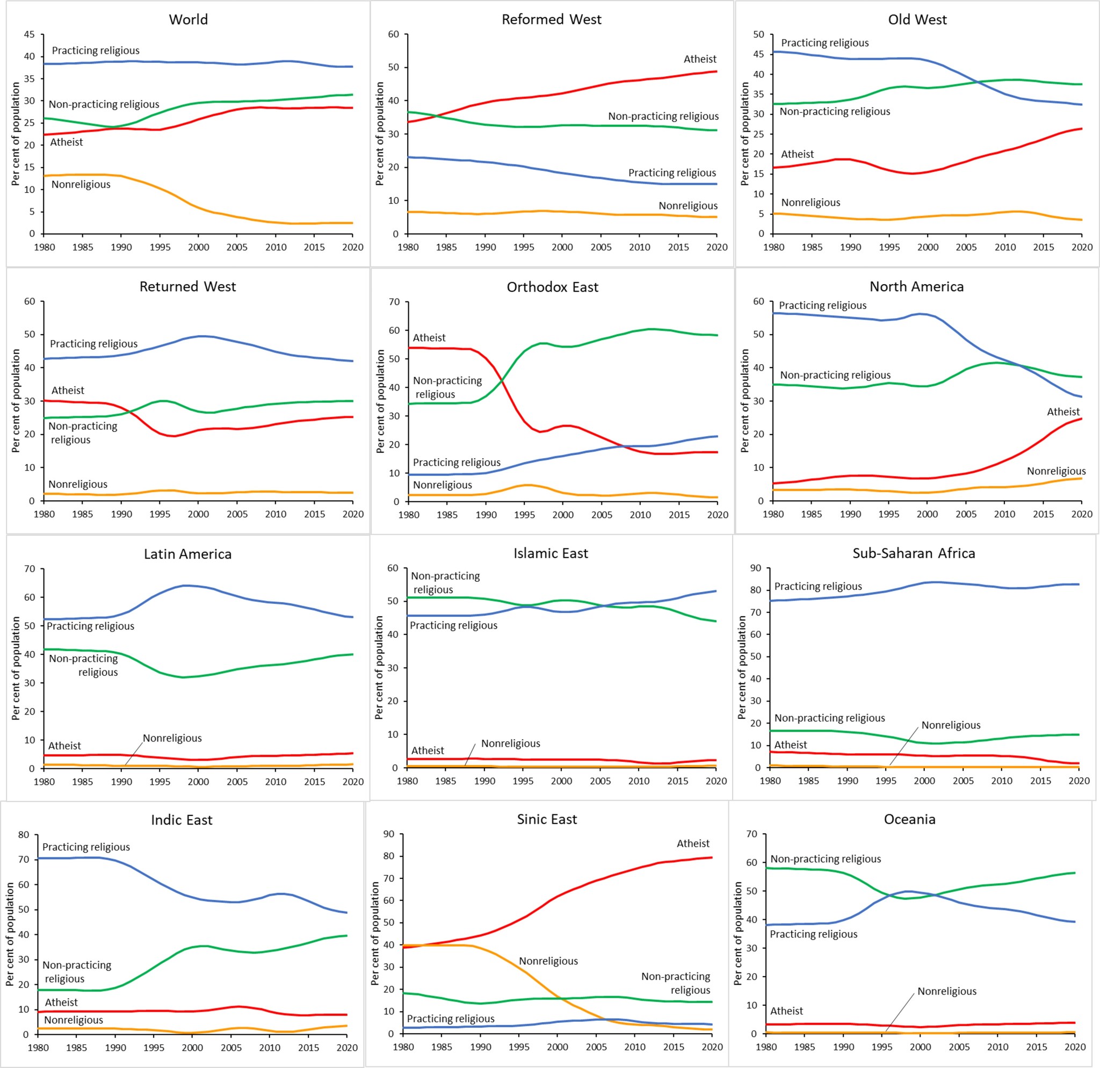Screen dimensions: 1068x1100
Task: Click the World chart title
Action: pos(188,20)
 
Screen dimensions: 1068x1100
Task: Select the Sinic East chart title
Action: pos(547,819)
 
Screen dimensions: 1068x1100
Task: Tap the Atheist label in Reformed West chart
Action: pos(699,59)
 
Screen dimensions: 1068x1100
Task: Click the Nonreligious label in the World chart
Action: pos(81,185)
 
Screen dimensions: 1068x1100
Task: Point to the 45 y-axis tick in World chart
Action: pos(29,35)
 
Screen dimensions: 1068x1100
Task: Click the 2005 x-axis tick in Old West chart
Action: pos(966,248)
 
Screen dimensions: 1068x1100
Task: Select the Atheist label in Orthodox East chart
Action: pos(429,338)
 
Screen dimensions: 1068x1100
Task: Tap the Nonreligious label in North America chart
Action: pos(1055,472)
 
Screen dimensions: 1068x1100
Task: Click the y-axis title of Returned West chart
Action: pos(16,401)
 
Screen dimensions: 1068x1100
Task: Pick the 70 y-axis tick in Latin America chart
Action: pos(29,569)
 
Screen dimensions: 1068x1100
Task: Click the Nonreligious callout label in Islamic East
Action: pos(510,744)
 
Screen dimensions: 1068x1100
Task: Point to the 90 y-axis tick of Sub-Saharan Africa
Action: pos(755,568)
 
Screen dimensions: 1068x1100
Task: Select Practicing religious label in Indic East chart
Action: pos(86,847)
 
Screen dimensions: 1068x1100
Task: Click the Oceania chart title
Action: pos(909,819)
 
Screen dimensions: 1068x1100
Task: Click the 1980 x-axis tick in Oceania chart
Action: pos(766,1047)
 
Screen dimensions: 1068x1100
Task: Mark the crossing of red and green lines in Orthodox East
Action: pos(501,381)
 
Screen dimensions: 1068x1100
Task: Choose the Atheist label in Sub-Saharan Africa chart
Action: pos(790,745)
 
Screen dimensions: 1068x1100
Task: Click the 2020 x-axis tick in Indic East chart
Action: pos(346,1048)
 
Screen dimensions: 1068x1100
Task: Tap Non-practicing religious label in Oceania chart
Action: pos(825,859)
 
